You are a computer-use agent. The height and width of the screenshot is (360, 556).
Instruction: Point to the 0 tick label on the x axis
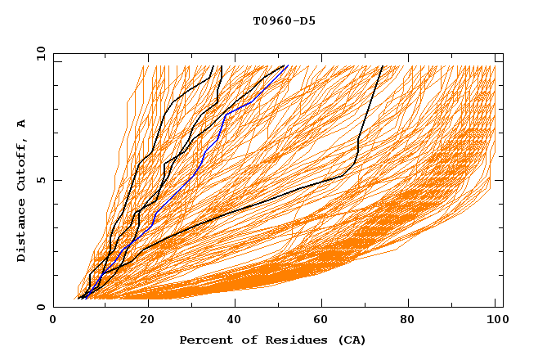(x=53, y=321)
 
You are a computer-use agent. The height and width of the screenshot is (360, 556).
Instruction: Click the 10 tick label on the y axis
(x=40, y=52)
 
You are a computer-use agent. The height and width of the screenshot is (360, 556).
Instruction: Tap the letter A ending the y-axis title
(x=22, y=124)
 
